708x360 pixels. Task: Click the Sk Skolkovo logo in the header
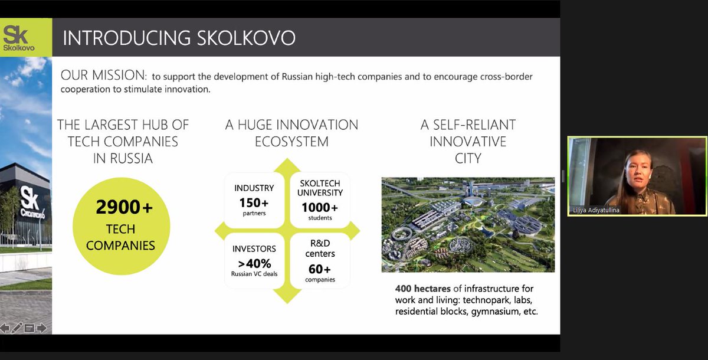coord(18,38)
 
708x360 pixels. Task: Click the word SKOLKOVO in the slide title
coord(246,38)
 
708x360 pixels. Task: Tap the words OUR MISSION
coord(104,75)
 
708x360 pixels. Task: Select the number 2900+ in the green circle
coord(124,207)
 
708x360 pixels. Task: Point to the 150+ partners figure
coord(254,202)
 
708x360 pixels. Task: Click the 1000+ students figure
coord(320,208)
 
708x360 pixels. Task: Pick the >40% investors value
coord(254,263)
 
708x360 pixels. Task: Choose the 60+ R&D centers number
coord(320,269)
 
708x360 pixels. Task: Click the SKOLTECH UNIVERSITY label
coord(320,188)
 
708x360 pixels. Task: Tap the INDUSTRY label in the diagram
coord(254,188)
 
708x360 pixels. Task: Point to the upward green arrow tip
coord(287,159)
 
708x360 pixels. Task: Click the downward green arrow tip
coord(287,303)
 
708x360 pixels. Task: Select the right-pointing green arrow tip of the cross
coord(359,231)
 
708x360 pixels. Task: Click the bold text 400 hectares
coord(422,289)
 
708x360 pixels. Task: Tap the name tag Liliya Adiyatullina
coord(596,210)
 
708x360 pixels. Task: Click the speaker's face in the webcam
coord(638,172)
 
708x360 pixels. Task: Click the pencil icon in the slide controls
coord(17,328)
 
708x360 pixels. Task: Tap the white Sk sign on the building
coord(29,198)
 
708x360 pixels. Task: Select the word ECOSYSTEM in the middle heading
coord(291,142)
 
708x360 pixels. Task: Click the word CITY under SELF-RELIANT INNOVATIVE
coord(468,158)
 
